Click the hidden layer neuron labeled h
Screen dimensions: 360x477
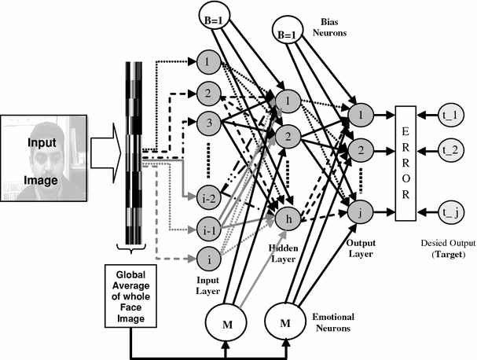288,221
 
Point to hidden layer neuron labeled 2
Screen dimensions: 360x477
288,137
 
